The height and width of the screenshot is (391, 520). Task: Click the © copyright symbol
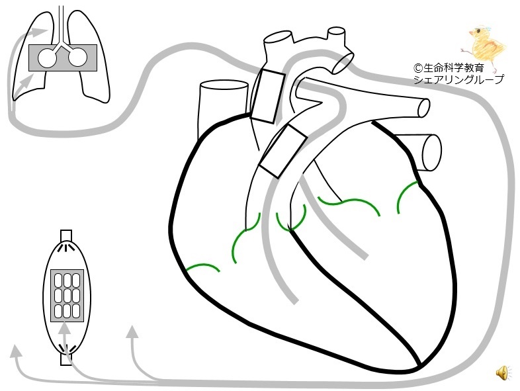[x=418, y=68]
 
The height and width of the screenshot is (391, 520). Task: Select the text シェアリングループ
[x=458, y=79]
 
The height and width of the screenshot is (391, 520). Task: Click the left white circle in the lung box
[x=47, y=58]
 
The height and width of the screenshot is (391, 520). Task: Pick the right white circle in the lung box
[x=78, y=58]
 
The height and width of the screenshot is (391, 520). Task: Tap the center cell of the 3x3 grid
[x=67, y=295]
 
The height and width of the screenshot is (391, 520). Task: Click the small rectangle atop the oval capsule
[x=66, y=236]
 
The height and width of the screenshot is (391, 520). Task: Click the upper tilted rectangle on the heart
[x=268, y=96]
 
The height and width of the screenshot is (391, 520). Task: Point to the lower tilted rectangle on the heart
[x=283, y=151]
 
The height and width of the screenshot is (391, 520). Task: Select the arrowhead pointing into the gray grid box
[x=65, y=328]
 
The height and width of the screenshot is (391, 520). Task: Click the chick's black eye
[x=478, y=31]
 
